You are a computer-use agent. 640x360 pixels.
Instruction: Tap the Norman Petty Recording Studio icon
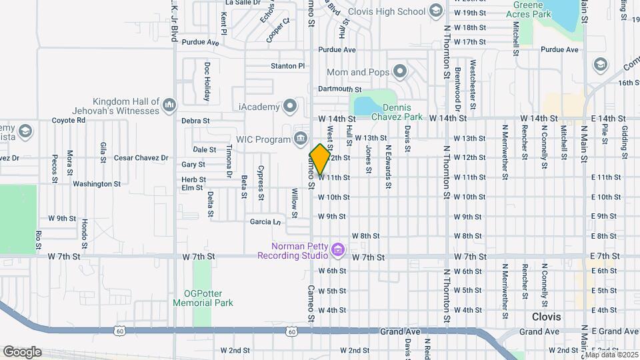click(x=338, y=250)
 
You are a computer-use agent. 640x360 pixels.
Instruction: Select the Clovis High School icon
click(x=435, y=11)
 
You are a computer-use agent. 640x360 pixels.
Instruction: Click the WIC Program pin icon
click(x=300, y=139)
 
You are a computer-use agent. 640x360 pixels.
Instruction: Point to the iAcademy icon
click(x=290, y=105)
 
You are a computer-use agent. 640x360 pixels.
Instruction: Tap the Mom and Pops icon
click(x=400, y=71)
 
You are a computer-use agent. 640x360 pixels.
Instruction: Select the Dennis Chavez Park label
click(x=402, y=111)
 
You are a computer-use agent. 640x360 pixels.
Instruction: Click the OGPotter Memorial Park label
click(x=203, y=297)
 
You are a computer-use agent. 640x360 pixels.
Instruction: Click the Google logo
click(x=21, y=351)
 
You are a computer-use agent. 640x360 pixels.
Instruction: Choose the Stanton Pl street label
click(x=287, y=66)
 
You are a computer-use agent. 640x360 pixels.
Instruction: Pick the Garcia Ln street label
click(x=264, y=221)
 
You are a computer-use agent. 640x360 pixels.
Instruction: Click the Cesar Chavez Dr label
click(x=141, y=158)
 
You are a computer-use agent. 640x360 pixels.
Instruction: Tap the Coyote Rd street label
click(x=69, y=121)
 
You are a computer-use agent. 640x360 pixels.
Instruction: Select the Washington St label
click(x=97, y=183)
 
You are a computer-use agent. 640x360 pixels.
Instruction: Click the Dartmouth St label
click(x=339, y=89)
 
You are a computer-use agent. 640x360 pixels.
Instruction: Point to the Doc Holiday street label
click(x=207, y=81)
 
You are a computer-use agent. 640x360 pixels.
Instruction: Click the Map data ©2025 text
click(x=611, y=354)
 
